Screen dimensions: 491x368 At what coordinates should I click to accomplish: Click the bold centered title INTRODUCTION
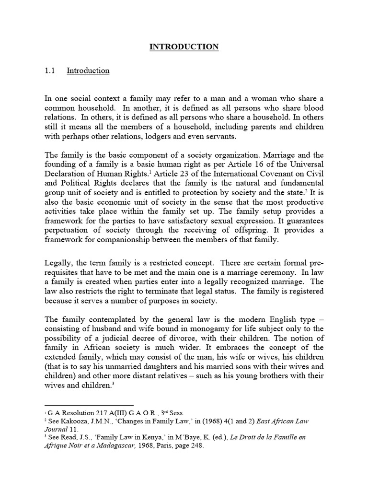[x=184, y=47]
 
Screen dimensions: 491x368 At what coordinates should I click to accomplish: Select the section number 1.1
[x=49, y=70]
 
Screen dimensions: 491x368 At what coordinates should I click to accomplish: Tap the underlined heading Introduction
[x=88, y=70]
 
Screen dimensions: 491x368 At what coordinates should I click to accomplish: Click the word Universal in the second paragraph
[x=307, y=164]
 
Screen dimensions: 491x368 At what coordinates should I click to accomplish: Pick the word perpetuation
[x=66, y=230]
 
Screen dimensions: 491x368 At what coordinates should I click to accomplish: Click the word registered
[x=306, y=291]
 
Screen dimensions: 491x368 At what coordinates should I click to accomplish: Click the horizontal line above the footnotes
[x=89, y=405]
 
